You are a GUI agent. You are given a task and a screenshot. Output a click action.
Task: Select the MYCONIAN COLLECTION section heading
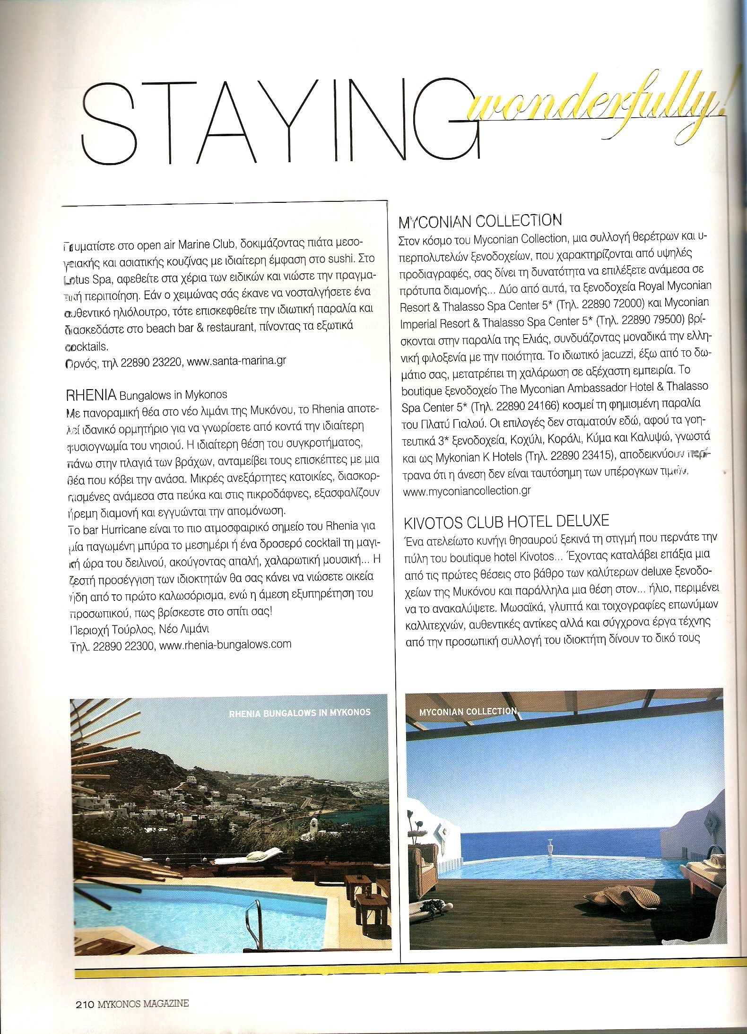pos(480,221)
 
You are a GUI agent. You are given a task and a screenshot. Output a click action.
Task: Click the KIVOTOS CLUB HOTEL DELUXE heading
pos(506,521)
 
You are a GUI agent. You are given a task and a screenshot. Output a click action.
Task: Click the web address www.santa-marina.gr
pos(236,361)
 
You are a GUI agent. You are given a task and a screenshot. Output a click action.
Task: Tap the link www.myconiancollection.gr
pos(466,491)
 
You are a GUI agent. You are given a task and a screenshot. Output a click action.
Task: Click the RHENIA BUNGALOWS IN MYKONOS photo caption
pos(299,713)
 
